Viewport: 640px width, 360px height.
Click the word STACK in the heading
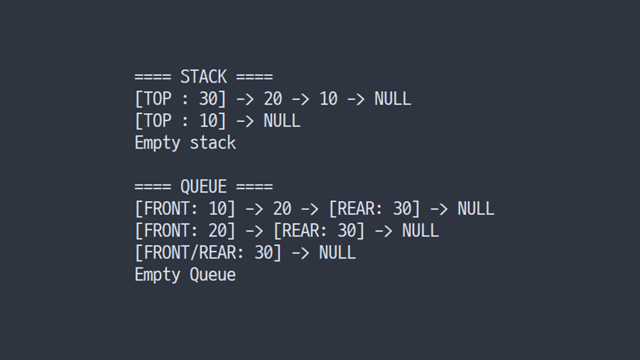(203, 76)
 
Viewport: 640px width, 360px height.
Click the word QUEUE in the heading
(203, 186)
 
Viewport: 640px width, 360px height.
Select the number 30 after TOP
(208, 99)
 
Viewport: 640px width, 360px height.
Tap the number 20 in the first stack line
(273, 99)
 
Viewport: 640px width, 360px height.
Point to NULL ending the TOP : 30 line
(393, 99)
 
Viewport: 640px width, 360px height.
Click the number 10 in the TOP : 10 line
(208, 120)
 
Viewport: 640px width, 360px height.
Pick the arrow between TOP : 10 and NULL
(245, 121)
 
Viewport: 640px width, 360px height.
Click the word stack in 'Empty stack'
(213, 143)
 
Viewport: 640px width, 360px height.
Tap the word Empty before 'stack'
(157, 143)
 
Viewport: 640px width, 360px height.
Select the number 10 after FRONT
(217, 208)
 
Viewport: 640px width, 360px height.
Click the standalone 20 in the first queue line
(282, 208)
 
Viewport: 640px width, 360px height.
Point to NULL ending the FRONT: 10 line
(475, 208)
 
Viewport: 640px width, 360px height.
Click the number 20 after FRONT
(217, 230)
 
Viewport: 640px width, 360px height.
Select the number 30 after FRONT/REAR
(263, 252)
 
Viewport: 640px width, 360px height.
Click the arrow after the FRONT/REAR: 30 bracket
(300, 253)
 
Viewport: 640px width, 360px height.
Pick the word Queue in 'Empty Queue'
(213, 274)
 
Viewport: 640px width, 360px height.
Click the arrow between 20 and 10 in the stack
(300, 99)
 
